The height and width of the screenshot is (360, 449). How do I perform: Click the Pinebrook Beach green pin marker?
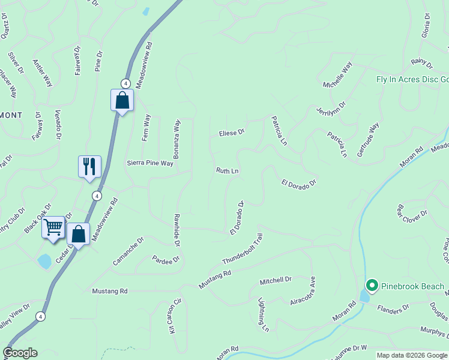[372, 285]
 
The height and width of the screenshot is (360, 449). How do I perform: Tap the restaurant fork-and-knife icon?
[89, 166]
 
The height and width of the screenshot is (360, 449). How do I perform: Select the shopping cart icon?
[53, 227]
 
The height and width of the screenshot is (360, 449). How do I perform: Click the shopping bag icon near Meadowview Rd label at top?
[122, 100]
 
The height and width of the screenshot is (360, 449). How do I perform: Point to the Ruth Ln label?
[228, 171]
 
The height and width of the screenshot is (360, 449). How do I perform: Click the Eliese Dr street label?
[232, 132]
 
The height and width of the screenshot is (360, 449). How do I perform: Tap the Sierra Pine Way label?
[149, 163]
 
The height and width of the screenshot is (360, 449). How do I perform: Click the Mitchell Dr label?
[275, 280]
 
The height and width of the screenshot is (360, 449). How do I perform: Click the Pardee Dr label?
[166, 260]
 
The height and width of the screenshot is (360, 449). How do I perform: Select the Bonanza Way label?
[177, 139]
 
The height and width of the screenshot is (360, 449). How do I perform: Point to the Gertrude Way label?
[369, 140]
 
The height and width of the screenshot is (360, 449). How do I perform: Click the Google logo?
[20, 353]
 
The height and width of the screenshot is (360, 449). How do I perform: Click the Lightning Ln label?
[263, 315]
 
